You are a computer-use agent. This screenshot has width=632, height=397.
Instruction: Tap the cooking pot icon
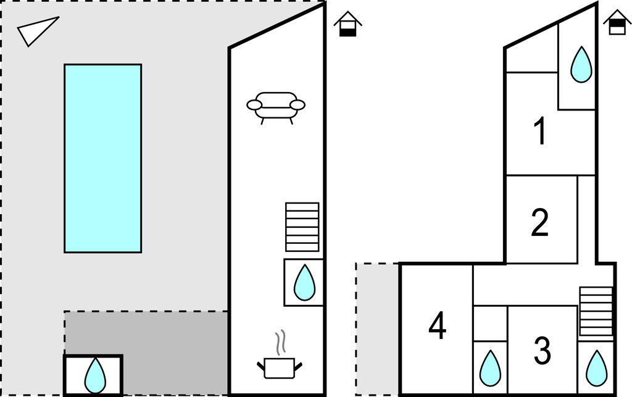click(x=280, y=367)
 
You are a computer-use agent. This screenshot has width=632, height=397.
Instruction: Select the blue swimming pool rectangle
click(x=103, y=159)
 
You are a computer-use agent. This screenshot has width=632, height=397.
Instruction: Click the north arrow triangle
click(x=37, y=31)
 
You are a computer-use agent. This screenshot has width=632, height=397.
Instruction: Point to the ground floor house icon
click(x=347, y=24)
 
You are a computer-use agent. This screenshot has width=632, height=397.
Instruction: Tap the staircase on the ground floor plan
click(x=302, y=227)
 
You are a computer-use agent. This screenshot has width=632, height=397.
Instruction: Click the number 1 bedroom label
click(x=540, y=130)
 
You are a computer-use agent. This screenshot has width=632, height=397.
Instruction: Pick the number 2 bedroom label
click(x=540, y=222)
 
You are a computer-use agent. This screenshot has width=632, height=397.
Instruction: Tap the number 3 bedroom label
click(x=542, y=350)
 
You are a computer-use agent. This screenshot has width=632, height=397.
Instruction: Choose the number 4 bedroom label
click(x=438, y=325)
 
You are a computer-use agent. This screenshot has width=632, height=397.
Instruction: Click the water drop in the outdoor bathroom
click(x=95, y=375)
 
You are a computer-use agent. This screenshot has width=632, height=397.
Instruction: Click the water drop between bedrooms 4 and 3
click(x=490, y=368)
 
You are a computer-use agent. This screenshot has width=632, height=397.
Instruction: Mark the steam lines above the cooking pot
click(x=281, y=343)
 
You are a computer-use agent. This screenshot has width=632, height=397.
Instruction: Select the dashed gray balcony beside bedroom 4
click(x=378, y=329)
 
